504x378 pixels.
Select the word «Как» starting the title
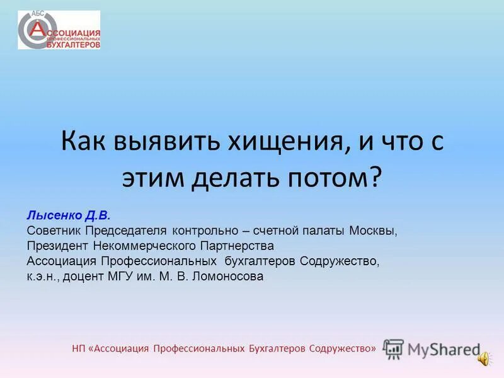(x=84, y=140)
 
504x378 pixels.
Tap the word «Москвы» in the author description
(x=374, y=231)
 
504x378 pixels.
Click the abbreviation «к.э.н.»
(x=40, y=276)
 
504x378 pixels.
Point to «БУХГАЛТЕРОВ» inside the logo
(x=74, y=44)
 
